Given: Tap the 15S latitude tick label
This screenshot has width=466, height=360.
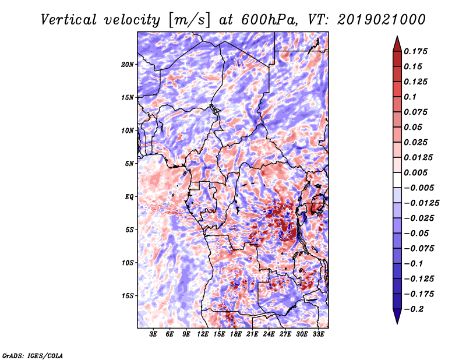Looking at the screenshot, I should [128, 296].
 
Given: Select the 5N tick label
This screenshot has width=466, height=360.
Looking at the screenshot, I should [130, 164].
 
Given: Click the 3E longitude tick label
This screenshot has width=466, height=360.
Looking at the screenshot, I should [154, 334].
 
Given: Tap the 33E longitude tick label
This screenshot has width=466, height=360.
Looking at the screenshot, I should [318, 334].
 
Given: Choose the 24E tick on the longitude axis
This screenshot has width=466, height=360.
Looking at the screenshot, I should [269, 334].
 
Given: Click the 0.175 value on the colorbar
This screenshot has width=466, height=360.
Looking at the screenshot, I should [418, 51].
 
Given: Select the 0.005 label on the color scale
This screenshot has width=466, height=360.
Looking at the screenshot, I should [418, 172].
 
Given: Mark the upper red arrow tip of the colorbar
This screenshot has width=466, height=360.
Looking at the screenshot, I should [397, 39].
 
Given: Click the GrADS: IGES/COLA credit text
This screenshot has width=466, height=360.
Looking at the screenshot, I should [32, 355].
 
